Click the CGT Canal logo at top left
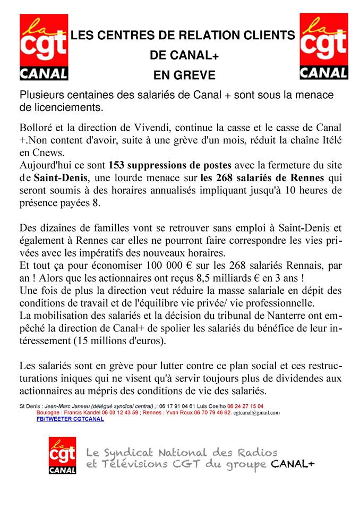pyautogui.click(x=44, y=48)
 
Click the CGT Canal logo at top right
pyautogui.click(x=323, y=48)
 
